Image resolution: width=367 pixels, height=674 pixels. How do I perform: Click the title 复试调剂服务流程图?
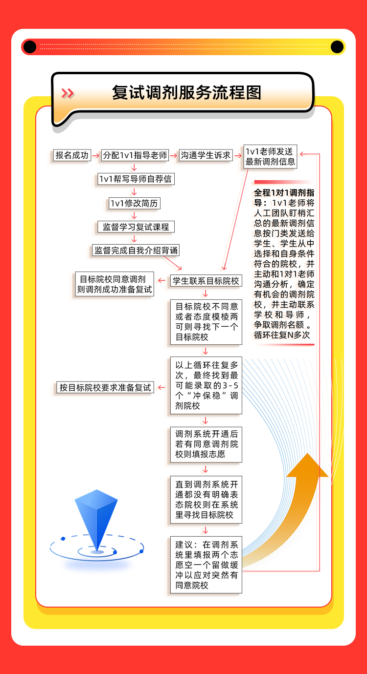click(x=187, y=93)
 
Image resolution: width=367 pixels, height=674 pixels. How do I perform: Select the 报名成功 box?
click(x=72, y=155)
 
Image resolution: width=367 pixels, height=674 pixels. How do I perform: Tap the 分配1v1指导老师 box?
click(x=135, y=155)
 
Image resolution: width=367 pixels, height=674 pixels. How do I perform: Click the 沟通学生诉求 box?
click(x=206, y=155)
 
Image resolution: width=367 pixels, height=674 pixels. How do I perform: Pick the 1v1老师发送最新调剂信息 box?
click(x=270, y=157)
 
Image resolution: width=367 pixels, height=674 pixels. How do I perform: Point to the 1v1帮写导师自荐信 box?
click(x=136, y=179)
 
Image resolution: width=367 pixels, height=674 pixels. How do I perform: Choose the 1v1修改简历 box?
click(x=134, y=203)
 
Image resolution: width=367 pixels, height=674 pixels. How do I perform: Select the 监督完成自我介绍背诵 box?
click(x=136, y=251)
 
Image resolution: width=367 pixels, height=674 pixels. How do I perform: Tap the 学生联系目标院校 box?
click(x=206, y=281)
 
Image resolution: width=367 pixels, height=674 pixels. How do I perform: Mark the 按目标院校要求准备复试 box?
click(x=105, y=388)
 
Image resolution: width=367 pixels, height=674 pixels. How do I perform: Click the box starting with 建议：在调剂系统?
click(x=206, y=565)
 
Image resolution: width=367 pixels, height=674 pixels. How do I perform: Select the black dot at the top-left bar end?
click(x=30, y=47)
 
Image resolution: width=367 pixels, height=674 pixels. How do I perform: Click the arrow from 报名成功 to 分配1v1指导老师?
click(x=95, y=155)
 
